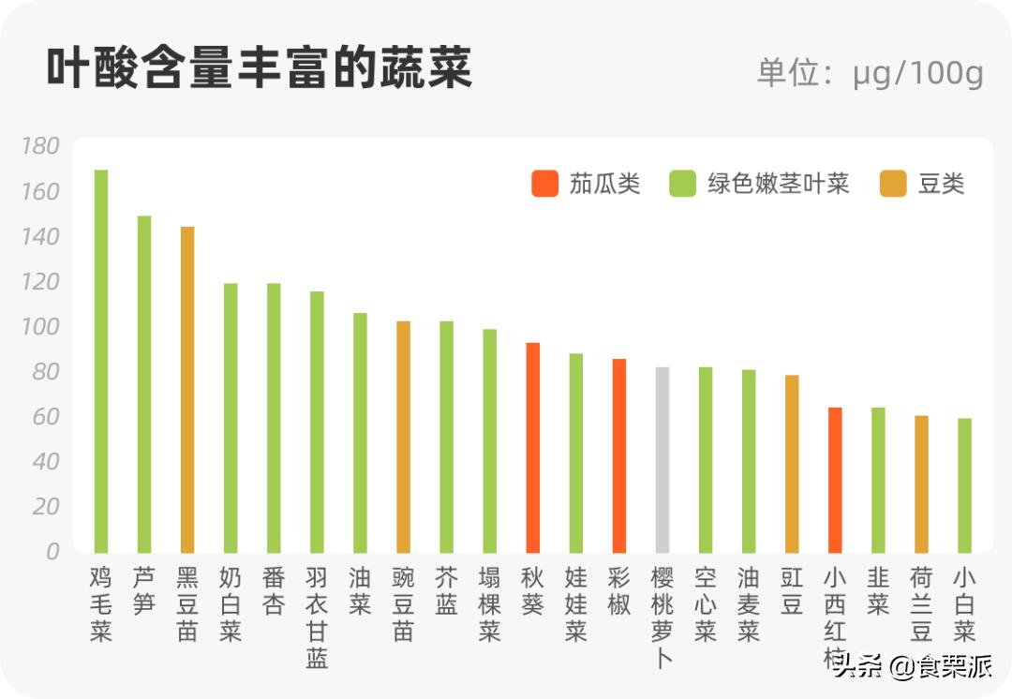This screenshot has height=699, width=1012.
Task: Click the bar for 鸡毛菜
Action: [x=101, y=361]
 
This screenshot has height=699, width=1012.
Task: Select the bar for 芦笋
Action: [x=144, y=384]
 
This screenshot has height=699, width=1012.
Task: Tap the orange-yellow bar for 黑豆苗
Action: [x=187, y=389]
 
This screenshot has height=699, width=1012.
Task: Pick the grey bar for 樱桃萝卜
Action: [x=662, y=459]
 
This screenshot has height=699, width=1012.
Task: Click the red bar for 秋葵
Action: [x=533, y=447]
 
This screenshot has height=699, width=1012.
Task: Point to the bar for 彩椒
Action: [x=619, y=455]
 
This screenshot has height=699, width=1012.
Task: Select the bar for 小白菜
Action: [x=965, y=485]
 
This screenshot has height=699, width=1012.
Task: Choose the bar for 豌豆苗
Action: [x=404, y=437]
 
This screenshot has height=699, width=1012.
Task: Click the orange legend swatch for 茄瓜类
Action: [x=544, y=184]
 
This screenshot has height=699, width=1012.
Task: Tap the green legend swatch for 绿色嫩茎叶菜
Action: [x=682, y=184]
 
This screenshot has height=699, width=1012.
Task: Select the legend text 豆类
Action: [x=941, y=184]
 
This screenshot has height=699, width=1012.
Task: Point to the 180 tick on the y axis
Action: [x=39, y=146]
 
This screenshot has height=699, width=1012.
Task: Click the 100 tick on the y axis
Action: [x=39, y=327]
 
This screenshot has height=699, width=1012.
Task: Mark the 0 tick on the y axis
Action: [x=52, y=552]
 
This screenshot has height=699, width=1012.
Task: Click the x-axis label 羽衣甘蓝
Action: [x=317, y=617]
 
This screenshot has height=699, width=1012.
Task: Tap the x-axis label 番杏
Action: [x=274, y=590]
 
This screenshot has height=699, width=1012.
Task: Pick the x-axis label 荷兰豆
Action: [x=922, y=603]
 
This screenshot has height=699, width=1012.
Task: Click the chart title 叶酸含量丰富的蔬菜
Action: [x=259, y=69]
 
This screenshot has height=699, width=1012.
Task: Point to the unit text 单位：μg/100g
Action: [x=870, y=73]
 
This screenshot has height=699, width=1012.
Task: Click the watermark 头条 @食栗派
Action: [x=912, y=666]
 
